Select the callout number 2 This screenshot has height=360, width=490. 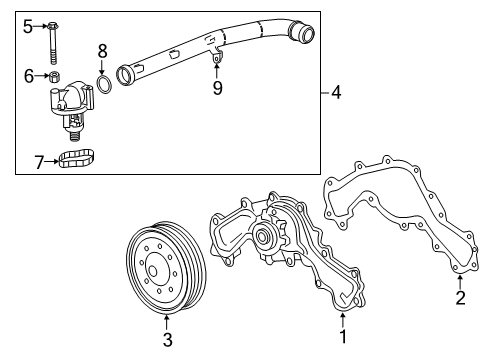[x=460, y=297]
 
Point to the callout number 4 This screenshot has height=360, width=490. [x=336, y=93]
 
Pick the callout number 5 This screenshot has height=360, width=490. [x=28, y=25]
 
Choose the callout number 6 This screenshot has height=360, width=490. [x=28, y=75]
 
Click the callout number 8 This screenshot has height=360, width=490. [x=101, y=49]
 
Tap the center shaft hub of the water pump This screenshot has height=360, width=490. [x=266, y=238]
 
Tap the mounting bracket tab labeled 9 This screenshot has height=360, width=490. [x=217, y=68]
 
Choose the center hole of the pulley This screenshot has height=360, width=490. [x=156, y=268]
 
